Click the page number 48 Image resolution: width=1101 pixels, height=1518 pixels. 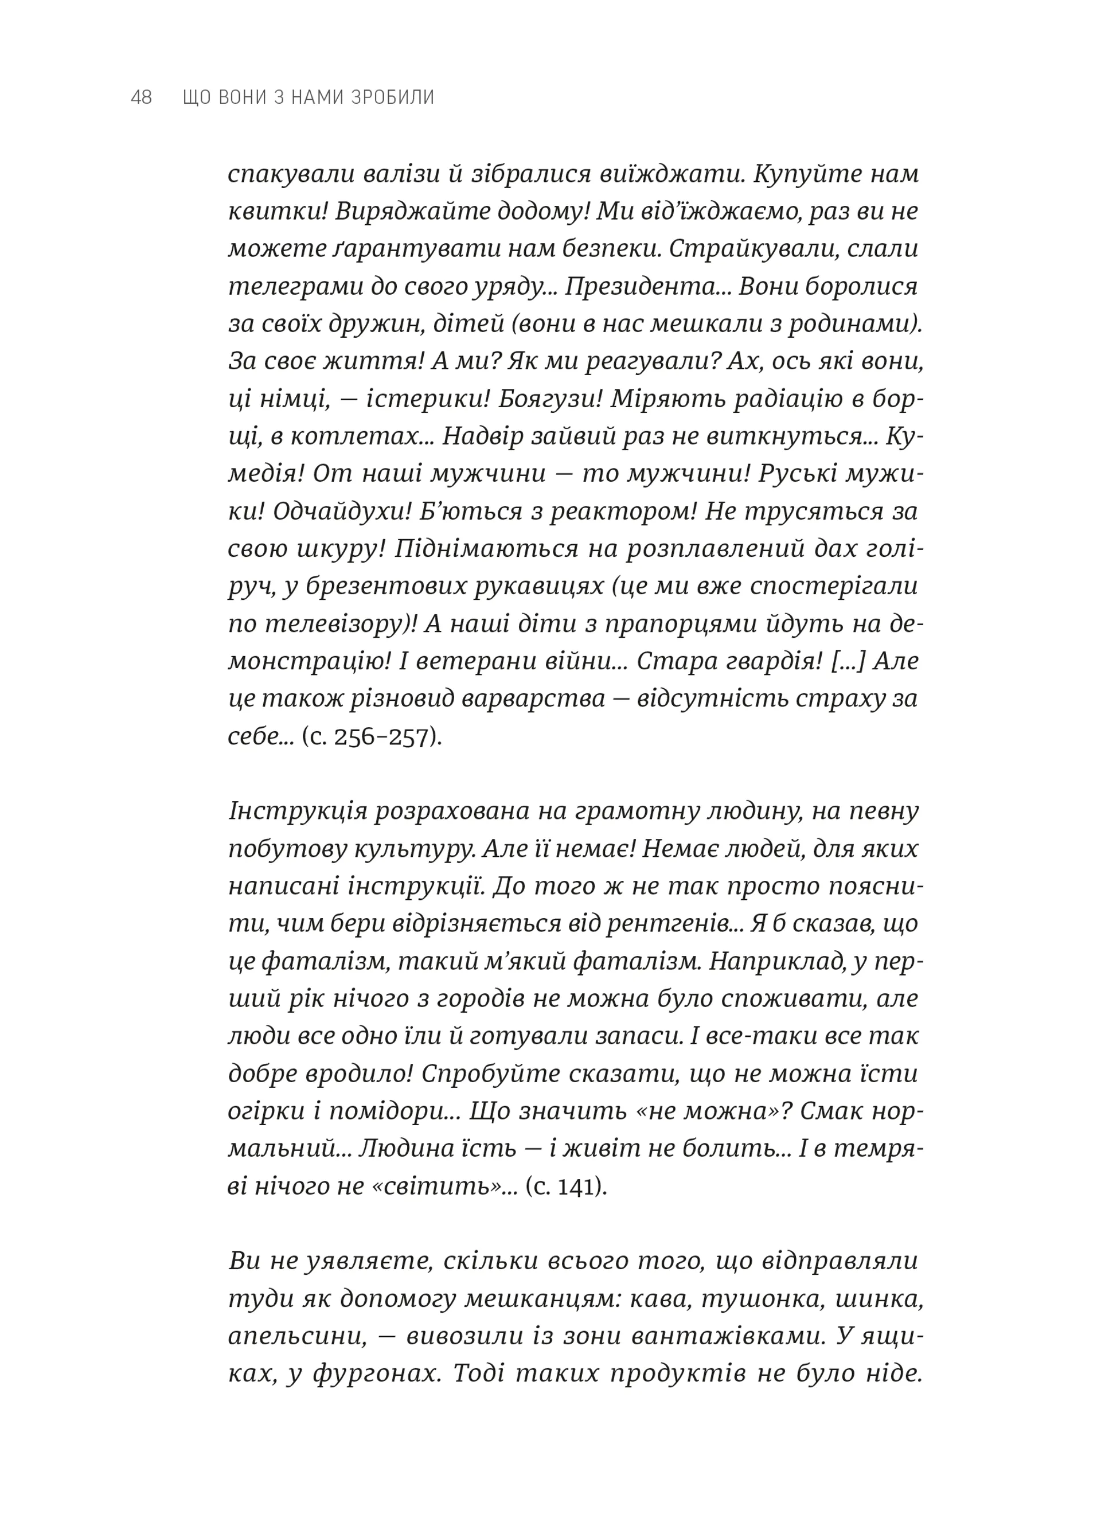pos(141,97)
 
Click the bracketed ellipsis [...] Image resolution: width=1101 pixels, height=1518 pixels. pos(848,661)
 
